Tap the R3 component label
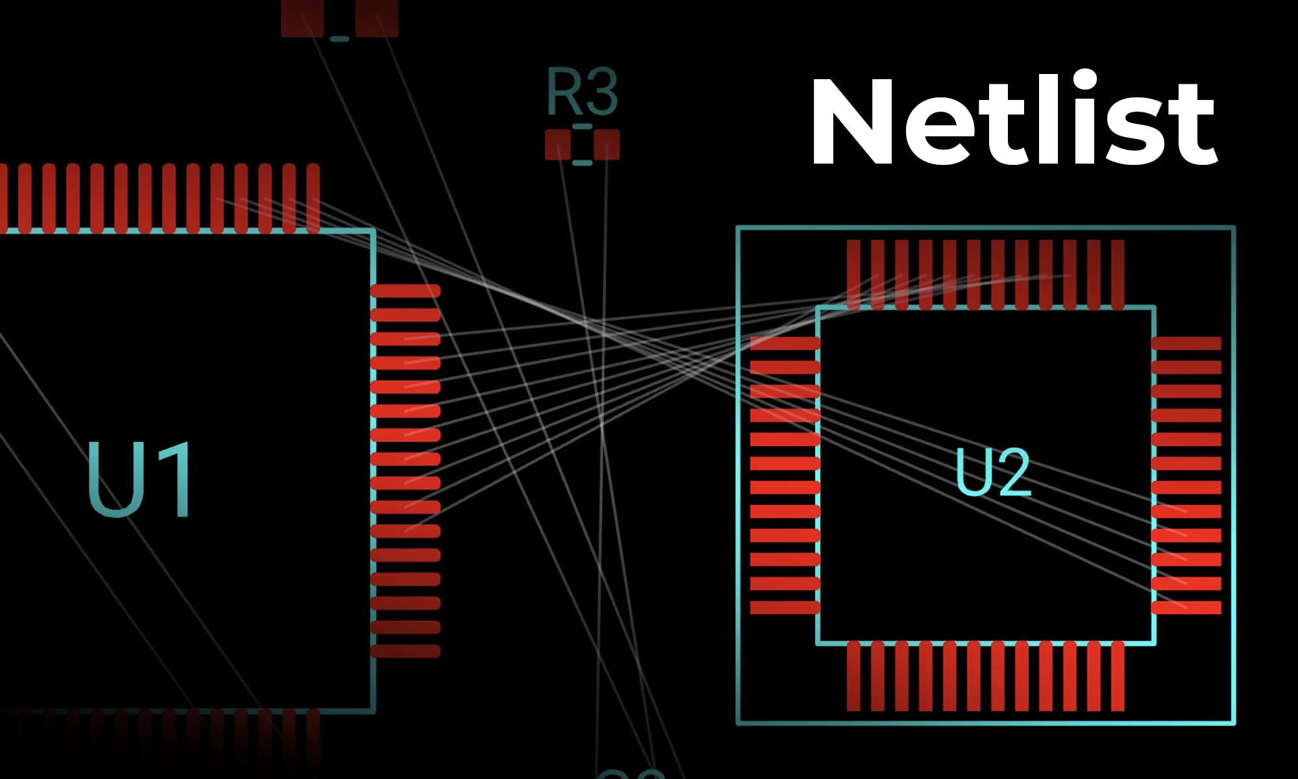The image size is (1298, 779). (582, 92)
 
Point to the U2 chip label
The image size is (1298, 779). (993, 472)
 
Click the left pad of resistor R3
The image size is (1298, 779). (557, 144)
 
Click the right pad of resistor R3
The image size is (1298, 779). (607, 144)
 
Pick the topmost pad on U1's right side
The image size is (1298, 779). (406, 291)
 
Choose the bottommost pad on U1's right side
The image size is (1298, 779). (406, 651)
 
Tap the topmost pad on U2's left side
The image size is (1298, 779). (785, 343)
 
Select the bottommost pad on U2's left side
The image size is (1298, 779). (785, 608)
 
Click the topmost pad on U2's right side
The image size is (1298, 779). (1186, 343)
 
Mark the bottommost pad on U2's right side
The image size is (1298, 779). (1186, 608)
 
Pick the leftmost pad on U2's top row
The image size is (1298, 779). (853, 274)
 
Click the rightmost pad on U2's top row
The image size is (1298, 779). (1118, 274)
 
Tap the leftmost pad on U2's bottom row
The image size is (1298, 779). (853, 676)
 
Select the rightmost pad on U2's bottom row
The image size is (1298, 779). (1118, 676)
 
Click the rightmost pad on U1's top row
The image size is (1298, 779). (313, 198)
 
